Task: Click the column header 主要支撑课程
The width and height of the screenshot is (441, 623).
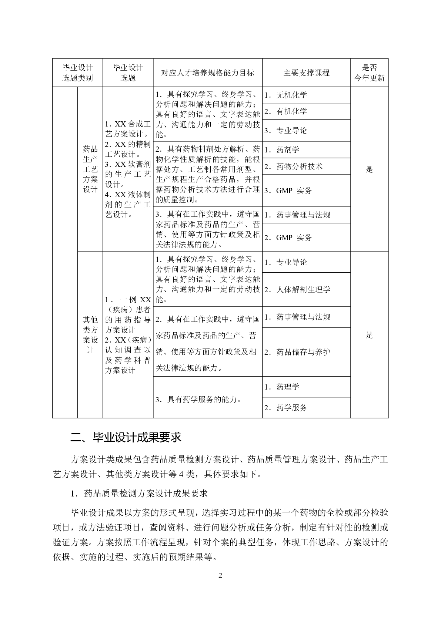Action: (306, 73)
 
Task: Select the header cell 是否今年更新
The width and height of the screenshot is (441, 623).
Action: (369, 73)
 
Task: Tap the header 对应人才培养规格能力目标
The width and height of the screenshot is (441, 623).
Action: (207, 73)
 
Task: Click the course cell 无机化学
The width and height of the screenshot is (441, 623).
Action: (291, 95)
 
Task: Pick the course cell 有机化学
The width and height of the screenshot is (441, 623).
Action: (291, 111)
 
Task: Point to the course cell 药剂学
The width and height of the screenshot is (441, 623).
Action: (288, 150)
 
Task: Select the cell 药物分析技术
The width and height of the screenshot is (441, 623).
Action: (299, 166)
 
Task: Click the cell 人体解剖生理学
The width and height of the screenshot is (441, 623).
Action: (303, 290)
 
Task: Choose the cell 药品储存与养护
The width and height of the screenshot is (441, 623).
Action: (303, 352)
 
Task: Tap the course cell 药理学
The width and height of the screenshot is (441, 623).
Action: (288, 387)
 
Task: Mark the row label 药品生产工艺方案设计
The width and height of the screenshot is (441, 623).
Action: (90, 169)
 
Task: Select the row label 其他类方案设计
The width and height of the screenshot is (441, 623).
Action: (90, 335)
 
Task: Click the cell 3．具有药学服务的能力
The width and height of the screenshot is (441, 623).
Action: (199, 400)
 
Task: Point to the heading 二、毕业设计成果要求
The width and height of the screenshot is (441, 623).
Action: (126, 437)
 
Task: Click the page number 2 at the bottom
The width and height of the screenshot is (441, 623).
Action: (220, 575)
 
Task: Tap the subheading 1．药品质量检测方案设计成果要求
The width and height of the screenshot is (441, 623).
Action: (139, 493)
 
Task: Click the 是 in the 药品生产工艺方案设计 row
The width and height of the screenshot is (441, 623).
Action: (369, 169)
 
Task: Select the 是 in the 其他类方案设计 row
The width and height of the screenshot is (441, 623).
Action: (369, 335)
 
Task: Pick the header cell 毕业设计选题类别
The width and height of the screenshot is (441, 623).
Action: (77, 73)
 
